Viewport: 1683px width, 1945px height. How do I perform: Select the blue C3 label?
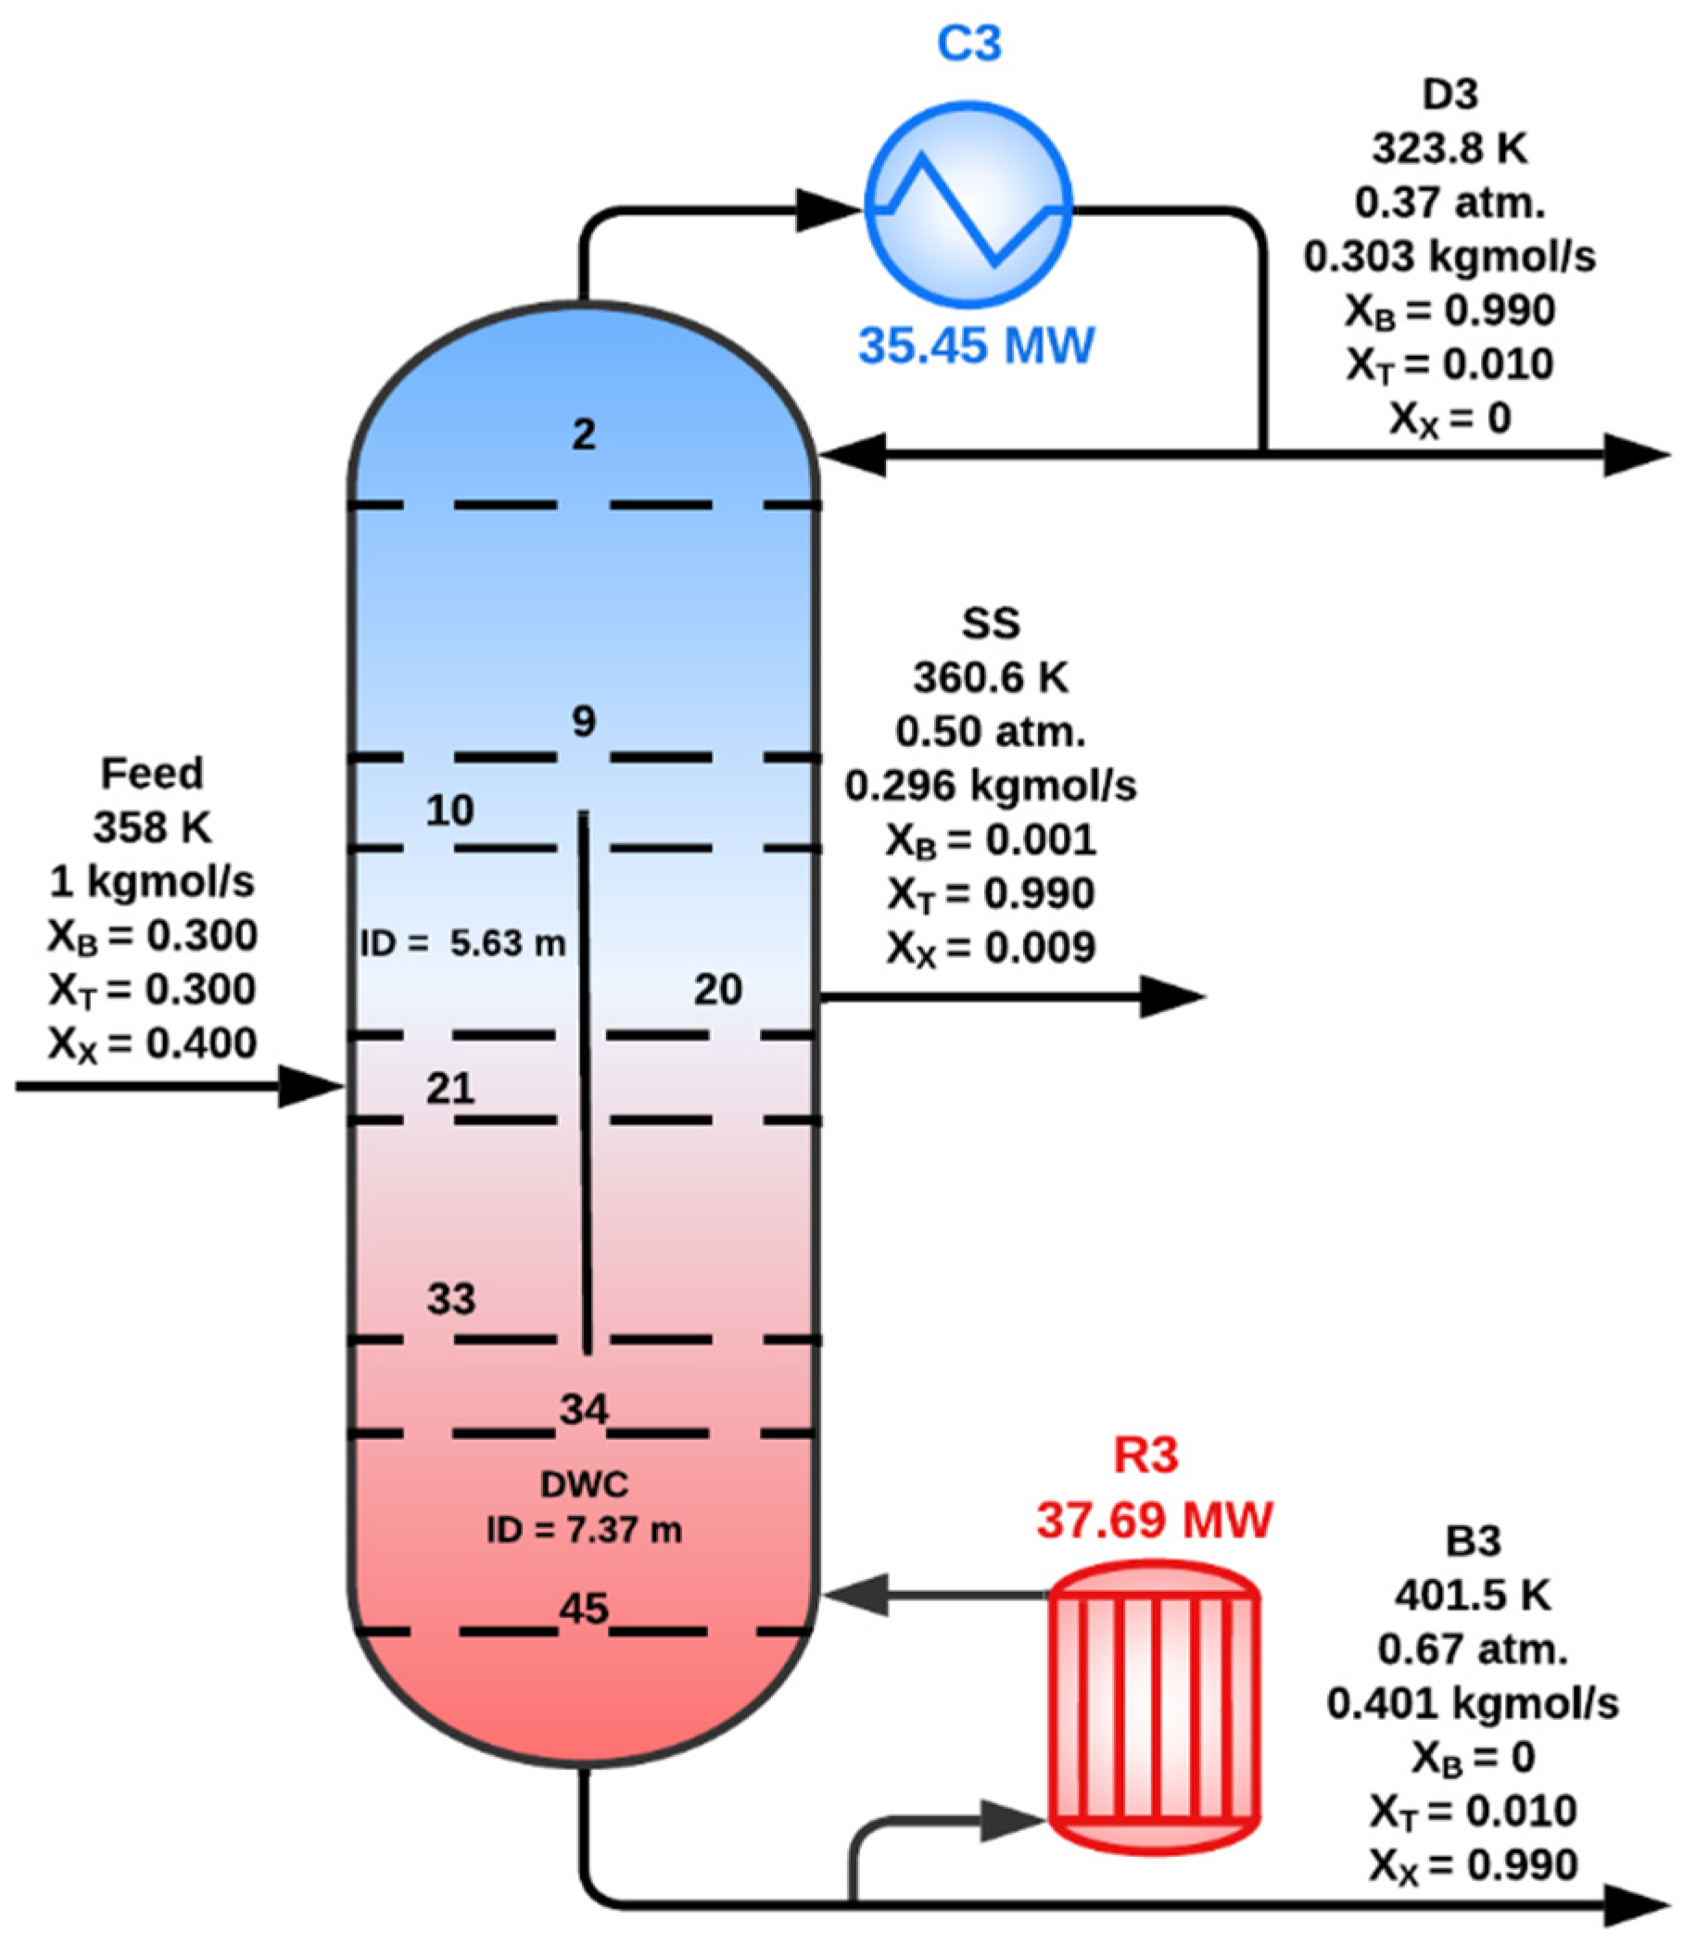point(970,44)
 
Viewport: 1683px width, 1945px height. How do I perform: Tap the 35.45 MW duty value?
point(976,345)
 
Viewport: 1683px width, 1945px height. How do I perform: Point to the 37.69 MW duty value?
point(1154,1520)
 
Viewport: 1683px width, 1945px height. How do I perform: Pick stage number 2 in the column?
point(584,435)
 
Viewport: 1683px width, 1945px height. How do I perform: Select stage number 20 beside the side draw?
point(717,990)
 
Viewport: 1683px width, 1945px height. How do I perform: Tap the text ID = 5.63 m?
point(463,943)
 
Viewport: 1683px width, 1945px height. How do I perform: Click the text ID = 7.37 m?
point(583,1531)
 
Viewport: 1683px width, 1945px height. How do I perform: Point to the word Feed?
point(152,774)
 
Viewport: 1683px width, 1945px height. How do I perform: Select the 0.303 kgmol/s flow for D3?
point(1449,257)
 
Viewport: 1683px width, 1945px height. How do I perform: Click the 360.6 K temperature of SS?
point(991,677)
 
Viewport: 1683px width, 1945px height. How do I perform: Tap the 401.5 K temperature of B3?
point(1472,1595)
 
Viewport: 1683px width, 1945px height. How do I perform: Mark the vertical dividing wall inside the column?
point(584,1080)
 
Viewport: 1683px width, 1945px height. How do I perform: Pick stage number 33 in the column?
point(450,1300)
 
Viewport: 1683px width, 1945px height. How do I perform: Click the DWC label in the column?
point(583,1484)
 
